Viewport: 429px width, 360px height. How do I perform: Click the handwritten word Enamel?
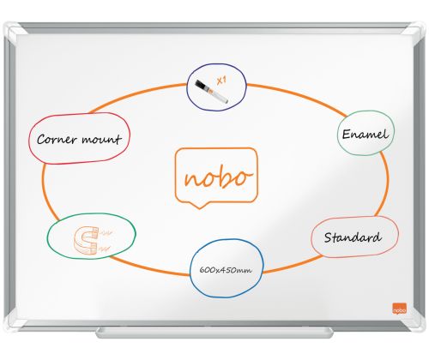(x=366, y=134)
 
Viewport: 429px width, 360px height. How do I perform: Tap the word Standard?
(x=353, y=237)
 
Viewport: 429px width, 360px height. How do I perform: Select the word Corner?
(x=57, y=139)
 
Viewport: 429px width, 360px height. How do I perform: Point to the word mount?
(x=101, y=140)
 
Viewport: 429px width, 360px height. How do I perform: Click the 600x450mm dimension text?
(x=226, y=270)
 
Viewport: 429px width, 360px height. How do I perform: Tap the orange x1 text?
(x=221, y=81)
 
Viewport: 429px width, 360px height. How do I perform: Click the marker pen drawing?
(x=211, y=91)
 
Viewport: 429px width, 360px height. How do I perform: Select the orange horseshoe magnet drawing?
(x=86, y=240)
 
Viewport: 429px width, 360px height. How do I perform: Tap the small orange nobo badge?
(x=399, y=308)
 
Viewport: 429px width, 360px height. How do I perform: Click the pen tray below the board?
(x=214, y=333)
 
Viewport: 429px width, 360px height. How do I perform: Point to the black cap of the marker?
(x=202, y=86)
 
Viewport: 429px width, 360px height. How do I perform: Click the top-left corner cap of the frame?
(x=14, y=31)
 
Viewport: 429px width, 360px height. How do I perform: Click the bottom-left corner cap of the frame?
(x=15, y=322)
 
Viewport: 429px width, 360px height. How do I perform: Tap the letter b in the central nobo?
(x=225, y=176)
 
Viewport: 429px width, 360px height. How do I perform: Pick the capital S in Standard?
(x=329, y=237)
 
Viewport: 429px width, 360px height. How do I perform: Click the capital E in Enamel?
(x=347, y=135)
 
